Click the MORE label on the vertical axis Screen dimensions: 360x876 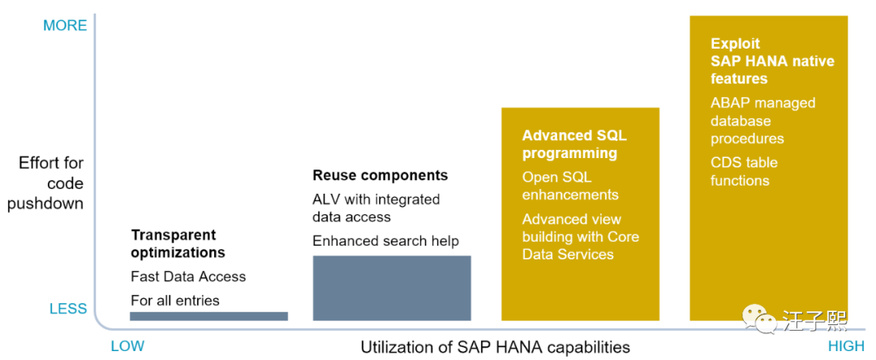coord(65,25)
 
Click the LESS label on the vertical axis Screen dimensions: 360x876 coord(68,309)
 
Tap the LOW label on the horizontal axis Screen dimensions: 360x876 coord(127,346)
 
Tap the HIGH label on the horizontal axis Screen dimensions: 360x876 coord(846,346)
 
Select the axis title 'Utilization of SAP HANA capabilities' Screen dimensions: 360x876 coord(495,347)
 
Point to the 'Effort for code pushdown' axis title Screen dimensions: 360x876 coord(46,184)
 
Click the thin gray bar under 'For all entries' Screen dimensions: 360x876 coord(208,316)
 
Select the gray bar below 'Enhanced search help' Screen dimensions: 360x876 coord(392,288)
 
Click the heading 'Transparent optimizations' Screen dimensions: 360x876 coord(178,243)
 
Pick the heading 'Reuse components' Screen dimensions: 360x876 coord(380,175)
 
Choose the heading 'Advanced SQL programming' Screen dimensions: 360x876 coord(574,144)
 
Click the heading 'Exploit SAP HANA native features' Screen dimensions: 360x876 coord(772,61)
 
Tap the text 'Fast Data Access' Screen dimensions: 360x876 coord(188,276)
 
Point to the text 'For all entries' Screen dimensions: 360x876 coord(175,301)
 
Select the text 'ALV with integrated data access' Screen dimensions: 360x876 coord(376,208)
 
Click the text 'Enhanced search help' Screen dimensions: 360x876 coord(385,241)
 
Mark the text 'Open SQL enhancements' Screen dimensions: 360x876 coord(570,186)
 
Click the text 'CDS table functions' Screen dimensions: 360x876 coord(744,171)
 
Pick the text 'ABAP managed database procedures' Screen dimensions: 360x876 coord(762,121)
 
